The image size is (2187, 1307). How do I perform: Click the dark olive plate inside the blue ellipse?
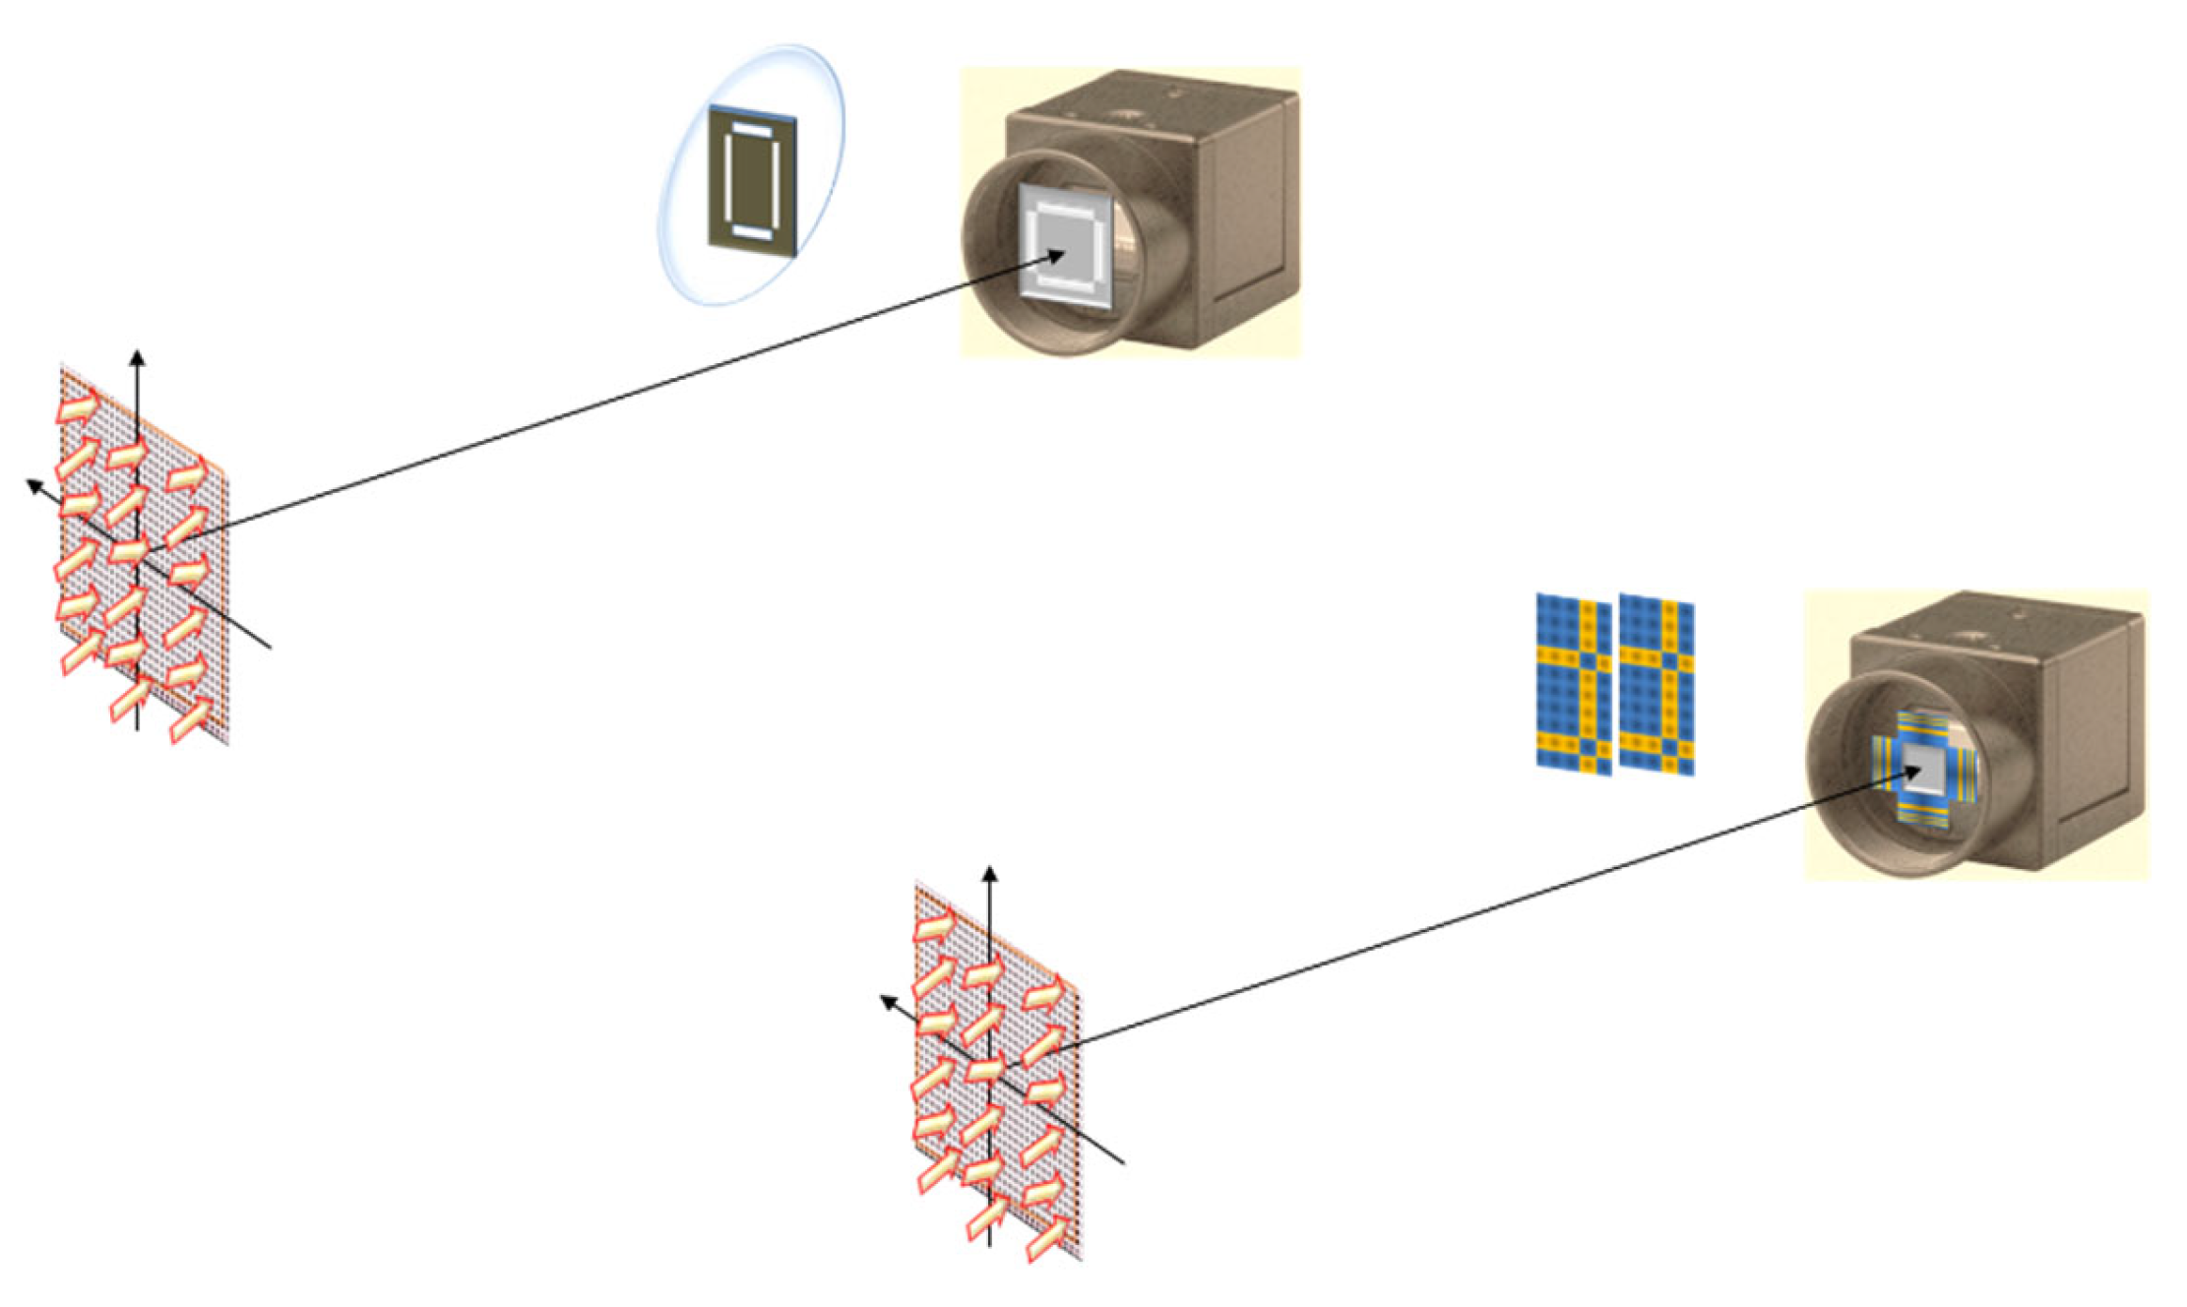point(752,183)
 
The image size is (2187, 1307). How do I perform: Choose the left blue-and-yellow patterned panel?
point(1574,684)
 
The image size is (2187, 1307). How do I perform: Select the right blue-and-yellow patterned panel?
point(1656,685)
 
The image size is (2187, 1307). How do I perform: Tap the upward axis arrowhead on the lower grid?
point(990,872)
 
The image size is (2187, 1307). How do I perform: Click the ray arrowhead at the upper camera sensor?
point(1057,256)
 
